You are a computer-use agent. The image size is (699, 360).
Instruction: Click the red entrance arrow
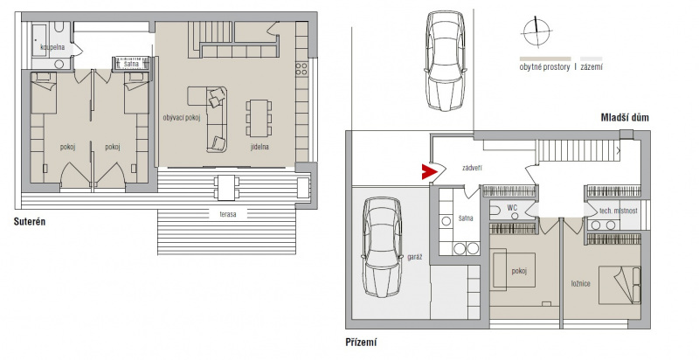click(428, 171)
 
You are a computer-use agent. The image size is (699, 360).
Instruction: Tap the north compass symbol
click(536, 31)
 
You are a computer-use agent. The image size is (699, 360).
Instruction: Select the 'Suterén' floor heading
click(30, 221)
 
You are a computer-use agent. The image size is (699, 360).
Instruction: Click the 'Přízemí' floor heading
click(361, 343)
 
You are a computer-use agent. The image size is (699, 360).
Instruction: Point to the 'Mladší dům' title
click(625, 118)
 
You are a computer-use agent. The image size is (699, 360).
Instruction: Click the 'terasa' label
click(227, 214)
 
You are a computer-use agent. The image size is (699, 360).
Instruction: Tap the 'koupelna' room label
click(52, 47)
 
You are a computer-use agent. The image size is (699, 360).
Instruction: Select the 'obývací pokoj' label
click(182, 118)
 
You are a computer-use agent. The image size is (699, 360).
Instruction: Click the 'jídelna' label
click(259, 146)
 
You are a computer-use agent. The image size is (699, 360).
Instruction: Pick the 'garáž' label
click(414, 257)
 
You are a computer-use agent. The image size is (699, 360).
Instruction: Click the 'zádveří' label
click(472, 169)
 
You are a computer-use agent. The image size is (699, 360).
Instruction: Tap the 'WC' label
click(512, 208)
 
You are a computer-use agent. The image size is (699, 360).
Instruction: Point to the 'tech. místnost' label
click(618, 211)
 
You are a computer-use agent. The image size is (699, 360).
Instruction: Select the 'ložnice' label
click(580, 283)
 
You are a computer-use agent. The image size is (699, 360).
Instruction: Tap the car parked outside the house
click(446, 60)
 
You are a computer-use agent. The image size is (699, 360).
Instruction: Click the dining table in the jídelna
click(259, 118)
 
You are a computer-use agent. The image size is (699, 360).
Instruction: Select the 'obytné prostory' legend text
click(544, 67)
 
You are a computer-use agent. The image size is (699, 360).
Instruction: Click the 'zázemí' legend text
click(592, 67)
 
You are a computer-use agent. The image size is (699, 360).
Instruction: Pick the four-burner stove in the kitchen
click(301, 69)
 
